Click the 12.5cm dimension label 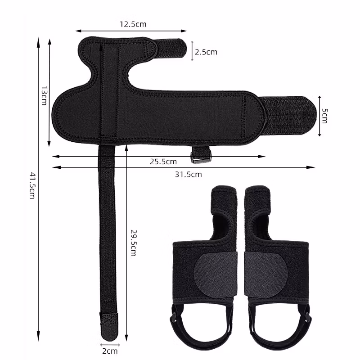click(x=133, y=24)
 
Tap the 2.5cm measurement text click(x=206, y=52)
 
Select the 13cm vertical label click(x=44, y=96)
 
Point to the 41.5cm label click(x=32, y=186)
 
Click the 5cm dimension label click(x=324, y=116)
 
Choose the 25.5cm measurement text click(x=163, y=162)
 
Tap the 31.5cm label click(x=188, y=175)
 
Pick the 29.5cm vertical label click(x=134, y=243)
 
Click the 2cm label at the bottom click(x=110, y=351)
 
